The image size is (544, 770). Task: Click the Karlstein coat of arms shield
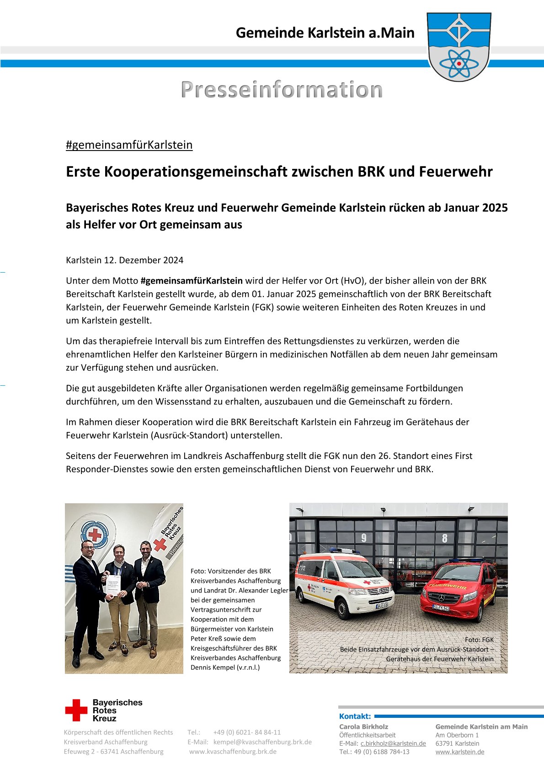(x=459, y=47)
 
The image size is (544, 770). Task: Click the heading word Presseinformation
(x=282, y=90)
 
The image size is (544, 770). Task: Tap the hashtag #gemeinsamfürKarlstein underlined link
(x=129, y=145)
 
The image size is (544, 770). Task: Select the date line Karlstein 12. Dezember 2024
(x=124, y=260)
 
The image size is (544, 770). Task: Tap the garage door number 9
(x=364, y=538)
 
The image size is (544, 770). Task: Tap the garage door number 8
(x=445, y=538)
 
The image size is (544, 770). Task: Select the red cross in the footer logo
(x=76, y=710)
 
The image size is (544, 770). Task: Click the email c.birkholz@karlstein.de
(x=393, y=743)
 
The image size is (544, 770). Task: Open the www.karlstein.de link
(x=459, y=752)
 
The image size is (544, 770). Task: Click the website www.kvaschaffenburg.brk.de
(x=233, y=752)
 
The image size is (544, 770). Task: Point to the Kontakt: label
(x=355, y=716)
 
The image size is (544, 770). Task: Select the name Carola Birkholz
(x=363, y=727)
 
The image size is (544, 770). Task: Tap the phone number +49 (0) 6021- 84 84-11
(x=247, y=732)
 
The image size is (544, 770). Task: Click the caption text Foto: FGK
(x=479, y=640)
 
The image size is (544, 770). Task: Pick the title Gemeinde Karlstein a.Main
(x=325, y=33)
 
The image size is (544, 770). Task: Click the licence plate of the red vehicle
(x=441, y=608)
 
